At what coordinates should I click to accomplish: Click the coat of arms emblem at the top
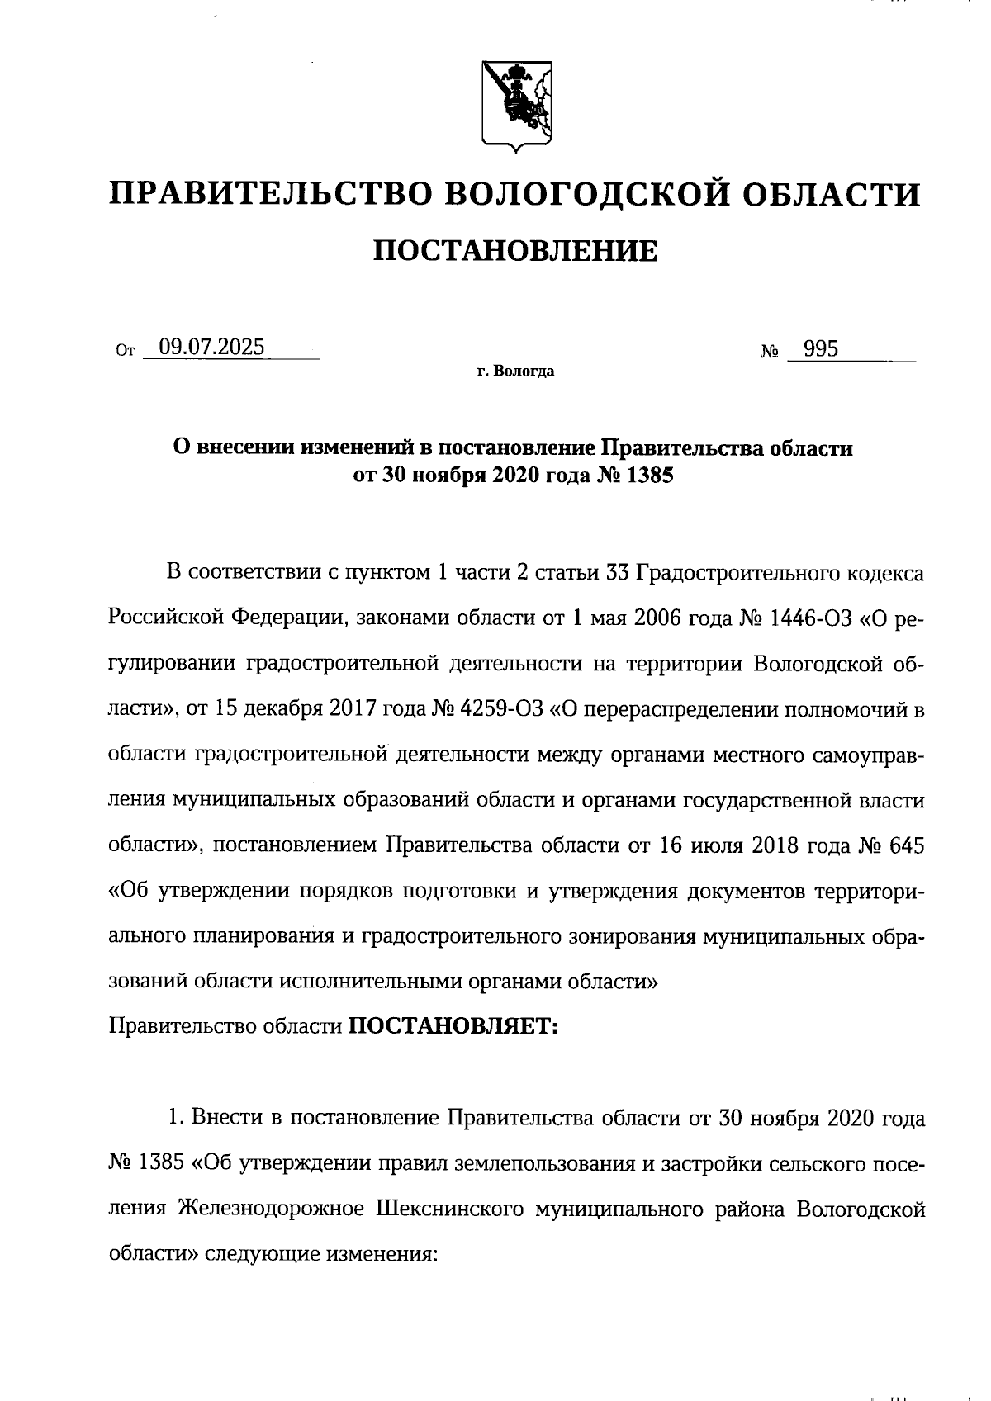click(x=517, y=106)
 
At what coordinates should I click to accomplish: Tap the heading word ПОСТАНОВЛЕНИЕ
click(x=516, y=251)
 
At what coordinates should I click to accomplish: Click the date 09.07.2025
click(x=212, y=348)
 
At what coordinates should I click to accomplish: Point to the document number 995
click(x=821, y=349)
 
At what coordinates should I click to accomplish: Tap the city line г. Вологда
click(x=516, y=372)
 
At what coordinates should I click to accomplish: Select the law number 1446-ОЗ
click(x=810, y=619)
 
